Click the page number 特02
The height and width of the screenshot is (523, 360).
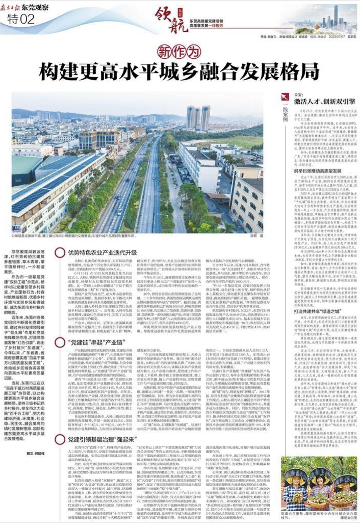[21, 19]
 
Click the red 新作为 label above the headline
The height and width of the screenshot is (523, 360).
[179, 52]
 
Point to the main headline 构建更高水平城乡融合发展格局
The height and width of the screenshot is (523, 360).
[179, 71]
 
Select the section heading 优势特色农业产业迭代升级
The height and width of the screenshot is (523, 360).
[102, 252]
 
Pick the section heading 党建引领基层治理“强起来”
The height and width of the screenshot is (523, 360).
[101, 439]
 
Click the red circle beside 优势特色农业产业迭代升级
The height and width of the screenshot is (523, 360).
[60, 253]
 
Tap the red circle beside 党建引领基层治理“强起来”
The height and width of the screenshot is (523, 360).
[60, 439]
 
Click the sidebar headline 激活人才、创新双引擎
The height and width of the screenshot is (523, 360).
[325, 101]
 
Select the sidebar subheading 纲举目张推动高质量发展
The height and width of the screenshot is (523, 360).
[318, 171]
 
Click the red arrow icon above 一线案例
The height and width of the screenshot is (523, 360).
[285, 97]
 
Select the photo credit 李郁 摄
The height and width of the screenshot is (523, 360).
[256, 236]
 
